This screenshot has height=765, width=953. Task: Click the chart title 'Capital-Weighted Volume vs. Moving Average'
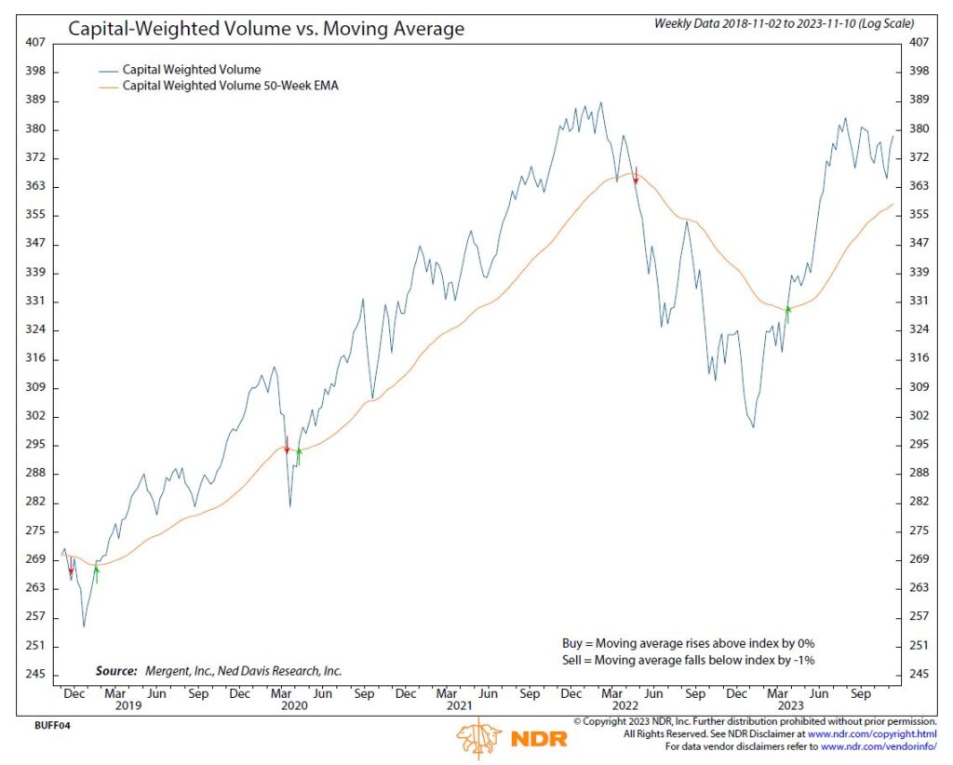(x=266, y=29)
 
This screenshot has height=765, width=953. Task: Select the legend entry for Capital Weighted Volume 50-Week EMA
(x=229, y=86)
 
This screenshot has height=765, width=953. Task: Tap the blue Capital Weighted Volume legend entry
(x=192, y=69)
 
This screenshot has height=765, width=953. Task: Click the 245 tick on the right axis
(x=919, y=674)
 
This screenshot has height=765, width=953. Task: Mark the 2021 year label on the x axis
(x=458, y=706)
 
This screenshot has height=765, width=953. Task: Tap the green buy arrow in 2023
(x=788, y=314)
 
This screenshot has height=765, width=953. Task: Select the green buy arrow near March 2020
(x=299, y=454)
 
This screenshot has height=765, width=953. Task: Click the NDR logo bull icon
(x=480, y=739)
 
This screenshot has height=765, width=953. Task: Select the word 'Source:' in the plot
(x=116, y=670)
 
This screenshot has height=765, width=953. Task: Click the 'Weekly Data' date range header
(x=785, y=22)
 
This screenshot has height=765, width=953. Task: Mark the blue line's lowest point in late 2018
(x=84, y=625)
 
